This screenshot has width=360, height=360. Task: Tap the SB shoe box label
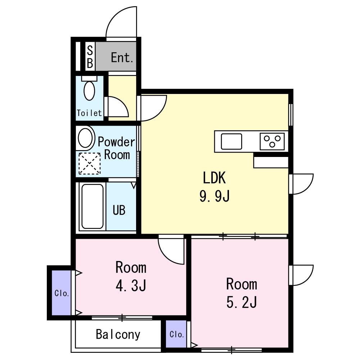pyautogui.click(x=90, y=56)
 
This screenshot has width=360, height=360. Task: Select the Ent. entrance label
pyautogui.click(x=122, y=57)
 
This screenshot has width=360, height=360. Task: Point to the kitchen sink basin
pyautogui.click(x=231, y=141)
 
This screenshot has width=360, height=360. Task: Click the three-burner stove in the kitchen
pyautogui.click(x=272, y=141)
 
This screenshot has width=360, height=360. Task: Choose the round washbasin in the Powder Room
pyautogui.click(x=85, y=138)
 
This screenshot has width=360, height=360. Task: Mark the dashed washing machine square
pyautogui.click(x=90, y=163)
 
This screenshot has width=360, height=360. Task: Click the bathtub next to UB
pyautogui.click(x=92, y=206)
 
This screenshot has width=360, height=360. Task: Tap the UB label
pyautogui.click(x=119, y=210)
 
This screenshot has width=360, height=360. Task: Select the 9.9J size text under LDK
pyautogui.click(x=215, y=197)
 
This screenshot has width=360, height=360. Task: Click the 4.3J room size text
pyautogui.click(x=131, y=286)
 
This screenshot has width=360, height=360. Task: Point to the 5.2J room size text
pyautogui.click(x=242, y=302)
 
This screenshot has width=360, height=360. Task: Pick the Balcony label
pyautogui.click(x=118, y=334)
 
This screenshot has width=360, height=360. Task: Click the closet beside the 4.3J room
pyautogui.click(x=61, y=293)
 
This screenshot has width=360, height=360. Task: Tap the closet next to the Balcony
pyautogui.click(x=176, y=334)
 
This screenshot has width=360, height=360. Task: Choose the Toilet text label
pyautogui.click(x=89, y=113)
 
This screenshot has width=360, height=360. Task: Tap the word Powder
pyautogui.click(x=116, y=142)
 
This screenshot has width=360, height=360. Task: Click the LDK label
pyautogui.click(x=215, y=177)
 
